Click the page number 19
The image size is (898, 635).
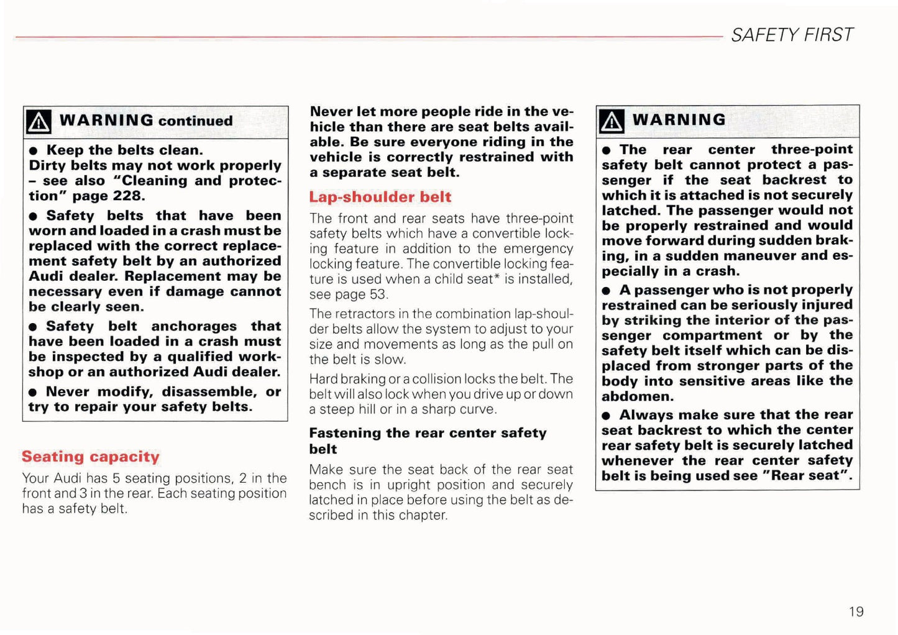pyautogui.click(x=856, y=611)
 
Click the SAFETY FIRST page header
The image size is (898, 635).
pyautogui.click(x=792, y=35)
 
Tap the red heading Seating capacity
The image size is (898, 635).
pyautogui.click(x=91, y=457)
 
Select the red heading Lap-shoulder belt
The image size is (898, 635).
pyautogui.click(x=380, y=197)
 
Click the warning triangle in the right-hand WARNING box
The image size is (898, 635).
pyautogui.click(x=612, y=121)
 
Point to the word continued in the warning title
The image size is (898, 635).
pyautogui.click(x=195, y=121)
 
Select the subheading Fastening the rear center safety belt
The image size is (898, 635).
pyautogui.click(x=428, y=441)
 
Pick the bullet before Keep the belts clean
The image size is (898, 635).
pyautogui.click(x=34, y=151)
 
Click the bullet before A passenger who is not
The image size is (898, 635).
pyautogui.click(x=607, y=291)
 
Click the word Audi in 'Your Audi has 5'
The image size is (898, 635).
pyautogui.click(x=67, y=478)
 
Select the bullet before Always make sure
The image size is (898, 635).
pyautogui.click(x=607, y=416)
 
